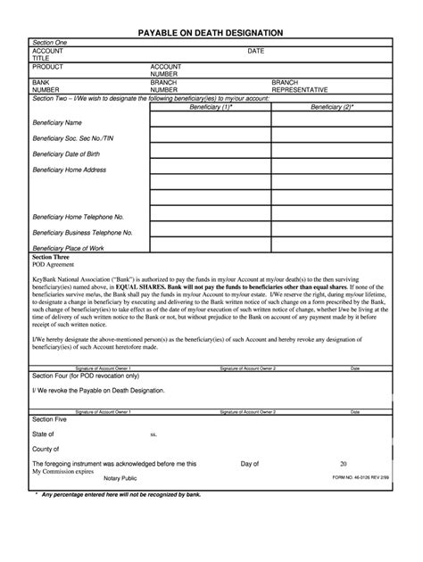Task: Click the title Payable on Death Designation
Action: [211, 32]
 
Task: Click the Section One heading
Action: [50, 43]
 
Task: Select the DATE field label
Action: [255, 51]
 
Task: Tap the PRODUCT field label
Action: [48, 67]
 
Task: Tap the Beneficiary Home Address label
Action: [70, 169]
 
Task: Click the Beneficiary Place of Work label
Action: [68, 248]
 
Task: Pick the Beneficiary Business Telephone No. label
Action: [82, 232]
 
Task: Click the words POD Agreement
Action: [54, 265]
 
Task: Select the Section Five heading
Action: [50, 419]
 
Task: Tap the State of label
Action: [45, 434]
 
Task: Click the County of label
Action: [46, 450]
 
